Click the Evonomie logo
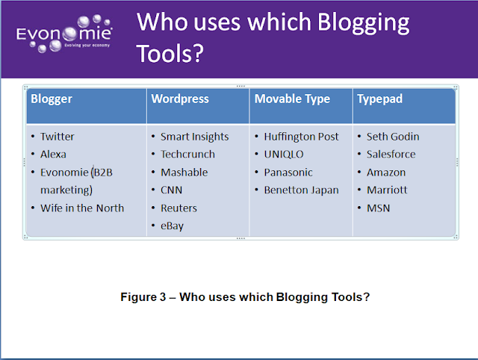click(x=64, y=34)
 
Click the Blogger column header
click(x=52, y=99)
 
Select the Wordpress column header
click(x=180, y=99)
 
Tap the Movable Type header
click(x=292, y=99)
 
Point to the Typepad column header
click(x=380, y=99)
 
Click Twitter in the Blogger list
click(x=58, y=137)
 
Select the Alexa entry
click(x=53, y=155)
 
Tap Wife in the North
click(x=82, y=208)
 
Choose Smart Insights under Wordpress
click(x=194, y=137)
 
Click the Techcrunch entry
click(x=187, y=155)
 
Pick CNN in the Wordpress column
click(x=171, y=190)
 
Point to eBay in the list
click(x=173, y=226)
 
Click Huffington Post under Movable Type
click(x=301, y=137)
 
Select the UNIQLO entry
click(x=284, y=155)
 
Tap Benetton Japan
click(x=301, y=190)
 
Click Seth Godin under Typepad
click(x=393, y=137)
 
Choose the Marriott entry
click(x=387, y=190)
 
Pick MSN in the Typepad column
click(x=379, y=208)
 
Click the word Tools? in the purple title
click(x=170, y=53)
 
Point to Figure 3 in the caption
click(x=143, y=297)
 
